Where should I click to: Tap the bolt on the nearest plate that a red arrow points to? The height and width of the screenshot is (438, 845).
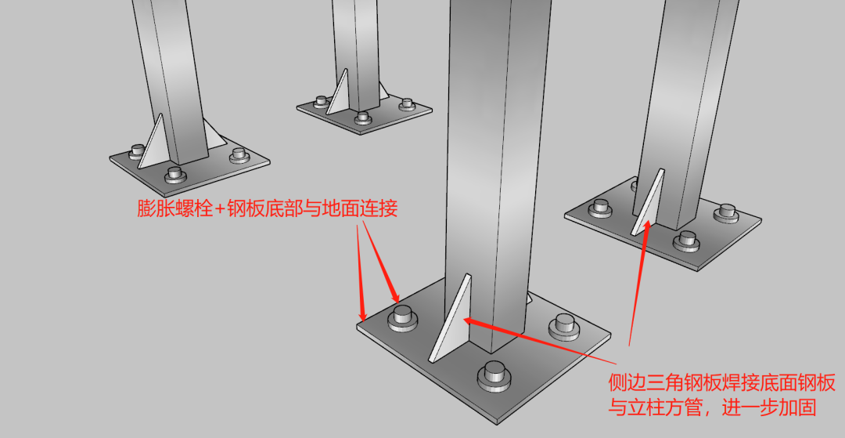click(x=402, y=318)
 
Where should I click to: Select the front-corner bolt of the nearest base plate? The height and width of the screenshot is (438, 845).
click(x=494, y=375)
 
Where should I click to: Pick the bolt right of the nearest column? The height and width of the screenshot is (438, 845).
click(x=563, y=326)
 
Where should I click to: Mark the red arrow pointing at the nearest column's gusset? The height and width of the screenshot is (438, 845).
click(x=539, y=340)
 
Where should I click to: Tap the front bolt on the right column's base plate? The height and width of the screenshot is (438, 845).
click(x=686, y=241)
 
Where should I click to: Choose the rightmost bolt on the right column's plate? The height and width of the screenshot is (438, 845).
click(x=726, y=213)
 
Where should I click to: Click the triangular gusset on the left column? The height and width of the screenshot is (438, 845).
click(x=152, y=141)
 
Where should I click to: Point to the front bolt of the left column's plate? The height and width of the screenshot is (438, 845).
click(x=174, y=175)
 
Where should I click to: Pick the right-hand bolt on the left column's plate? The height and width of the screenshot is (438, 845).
click(x=239, y=155)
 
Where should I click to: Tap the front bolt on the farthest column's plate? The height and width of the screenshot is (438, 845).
click(x=363, y=118)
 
